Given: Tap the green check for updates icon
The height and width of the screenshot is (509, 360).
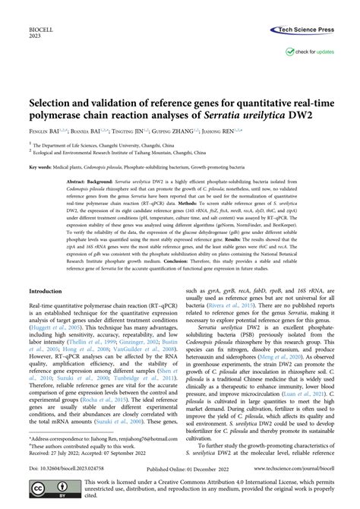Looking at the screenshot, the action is coord(291,52).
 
